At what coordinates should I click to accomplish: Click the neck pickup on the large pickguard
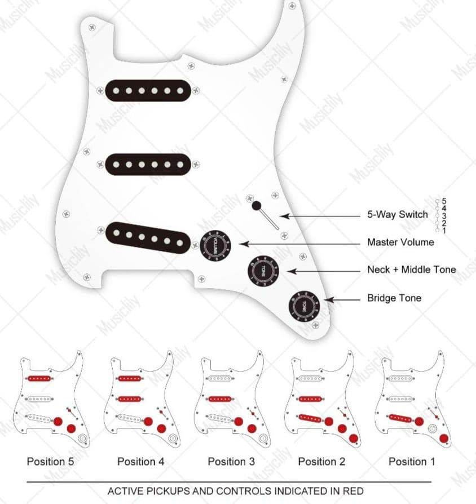point(147,90)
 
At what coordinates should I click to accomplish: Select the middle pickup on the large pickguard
point(147,164)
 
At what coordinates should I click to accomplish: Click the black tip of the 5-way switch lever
point(257,205)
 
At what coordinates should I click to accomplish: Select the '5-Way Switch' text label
point(398,215)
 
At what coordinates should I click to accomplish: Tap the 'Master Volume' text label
point(400,242)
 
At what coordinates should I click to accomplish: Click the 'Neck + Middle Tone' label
point(411,270)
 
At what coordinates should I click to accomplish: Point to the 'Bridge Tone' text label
point(394,298)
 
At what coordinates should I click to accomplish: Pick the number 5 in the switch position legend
point(444,201)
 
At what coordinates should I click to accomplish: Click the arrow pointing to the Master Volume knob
point(299,244)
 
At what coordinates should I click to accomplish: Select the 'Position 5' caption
point(50,462)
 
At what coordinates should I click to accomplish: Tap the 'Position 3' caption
point(231,462)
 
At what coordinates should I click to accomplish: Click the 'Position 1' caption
point(412,462)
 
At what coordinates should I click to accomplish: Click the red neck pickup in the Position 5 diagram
point(39,378)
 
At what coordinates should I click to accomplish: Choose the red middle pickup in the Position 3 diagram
point(220,399)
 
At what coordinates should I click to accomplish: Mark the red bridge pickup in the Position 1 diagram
point(401,418)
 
